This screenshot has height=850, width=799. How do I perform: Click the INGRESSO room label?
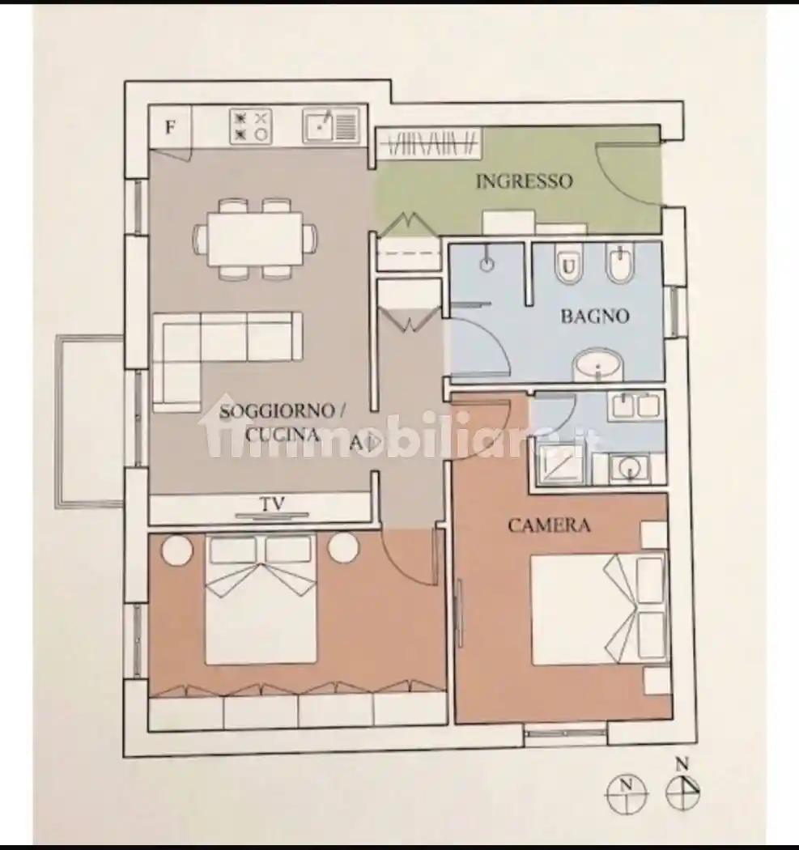click(524, 181)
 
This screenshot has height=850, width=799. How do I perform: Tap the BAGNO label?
click(595, 316)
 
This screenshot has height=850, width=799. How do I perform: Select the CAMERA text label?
click(549, 525)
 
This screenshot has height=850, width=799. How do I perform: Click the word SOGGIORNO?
click(277, 411)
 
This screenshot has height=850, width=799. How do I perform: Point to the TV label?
click(273, 504)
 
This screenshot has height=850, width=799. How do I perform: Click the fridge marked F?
click(170, 127)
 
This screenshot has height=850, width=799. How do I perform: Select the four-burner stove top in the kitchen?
click(250, 126)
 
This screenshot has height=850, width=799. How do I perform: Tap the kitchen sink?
click(330, 126)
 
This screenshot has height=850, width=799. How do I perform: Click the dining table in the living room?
click(255, 239)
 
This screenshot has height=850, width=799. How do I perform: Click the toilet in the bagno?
click(568, 265)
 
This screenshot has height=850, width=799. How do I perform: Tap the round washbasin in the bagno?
click(598, 364)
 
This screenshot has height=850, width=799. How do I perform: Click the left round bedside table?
click(176, 550)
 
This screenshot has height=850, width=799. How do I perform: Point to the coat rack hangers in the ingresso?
click(431, 143)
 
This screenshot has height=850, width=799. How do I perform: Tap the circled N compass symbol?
click(626, 793)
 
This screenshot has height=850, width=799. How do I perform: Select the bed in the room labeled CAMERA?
click(598, 610)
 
